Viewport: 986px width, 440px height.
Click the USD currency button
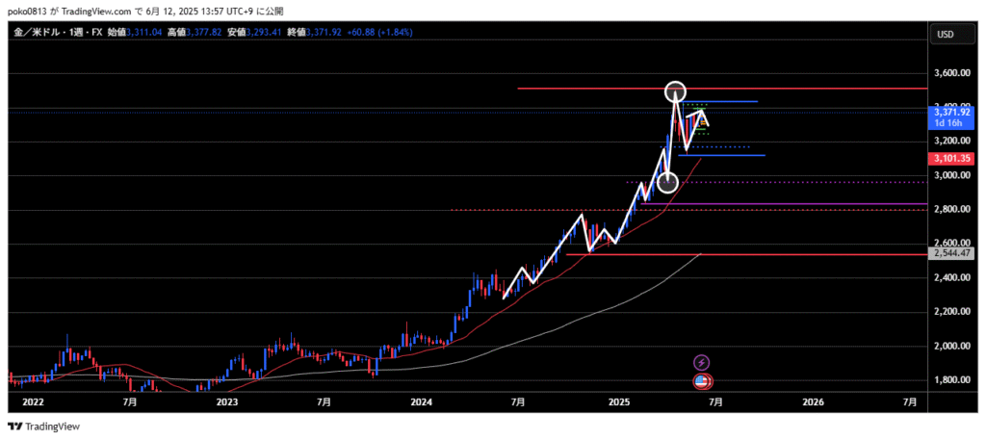pyautogui.click(x=945, y=35)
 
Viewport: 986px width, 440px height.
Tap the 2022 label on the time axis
pyautogui.click(x=33, y=401)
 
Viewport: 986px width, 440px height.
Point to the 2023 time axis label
pyautogui.click(x=227, y=401)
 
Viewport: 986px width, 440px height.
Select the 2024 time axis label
pyautogui.click(x=422, y=401)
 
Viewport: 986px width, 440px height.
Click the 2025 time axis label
pyautogui.click(x=617, y=401)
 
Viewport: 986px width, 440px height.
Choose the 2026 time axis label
pyautogui.click(x=812, y=401)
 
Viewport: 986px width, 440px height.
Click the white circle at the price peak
pyautogui.click(x=675, y=91)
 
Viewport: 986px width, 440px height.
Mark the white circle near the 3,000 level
pyautogui.click(x=667, y=181)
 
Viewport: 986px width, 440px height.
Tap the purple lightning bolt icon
pyautogui.click(x=702, y=362)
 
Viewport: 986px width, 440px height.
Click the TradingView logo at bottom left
pyautogui.click(x=45, y=427)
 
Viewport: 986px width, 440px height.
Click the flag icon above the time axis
pyautogui.click(x=703, y=382)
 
